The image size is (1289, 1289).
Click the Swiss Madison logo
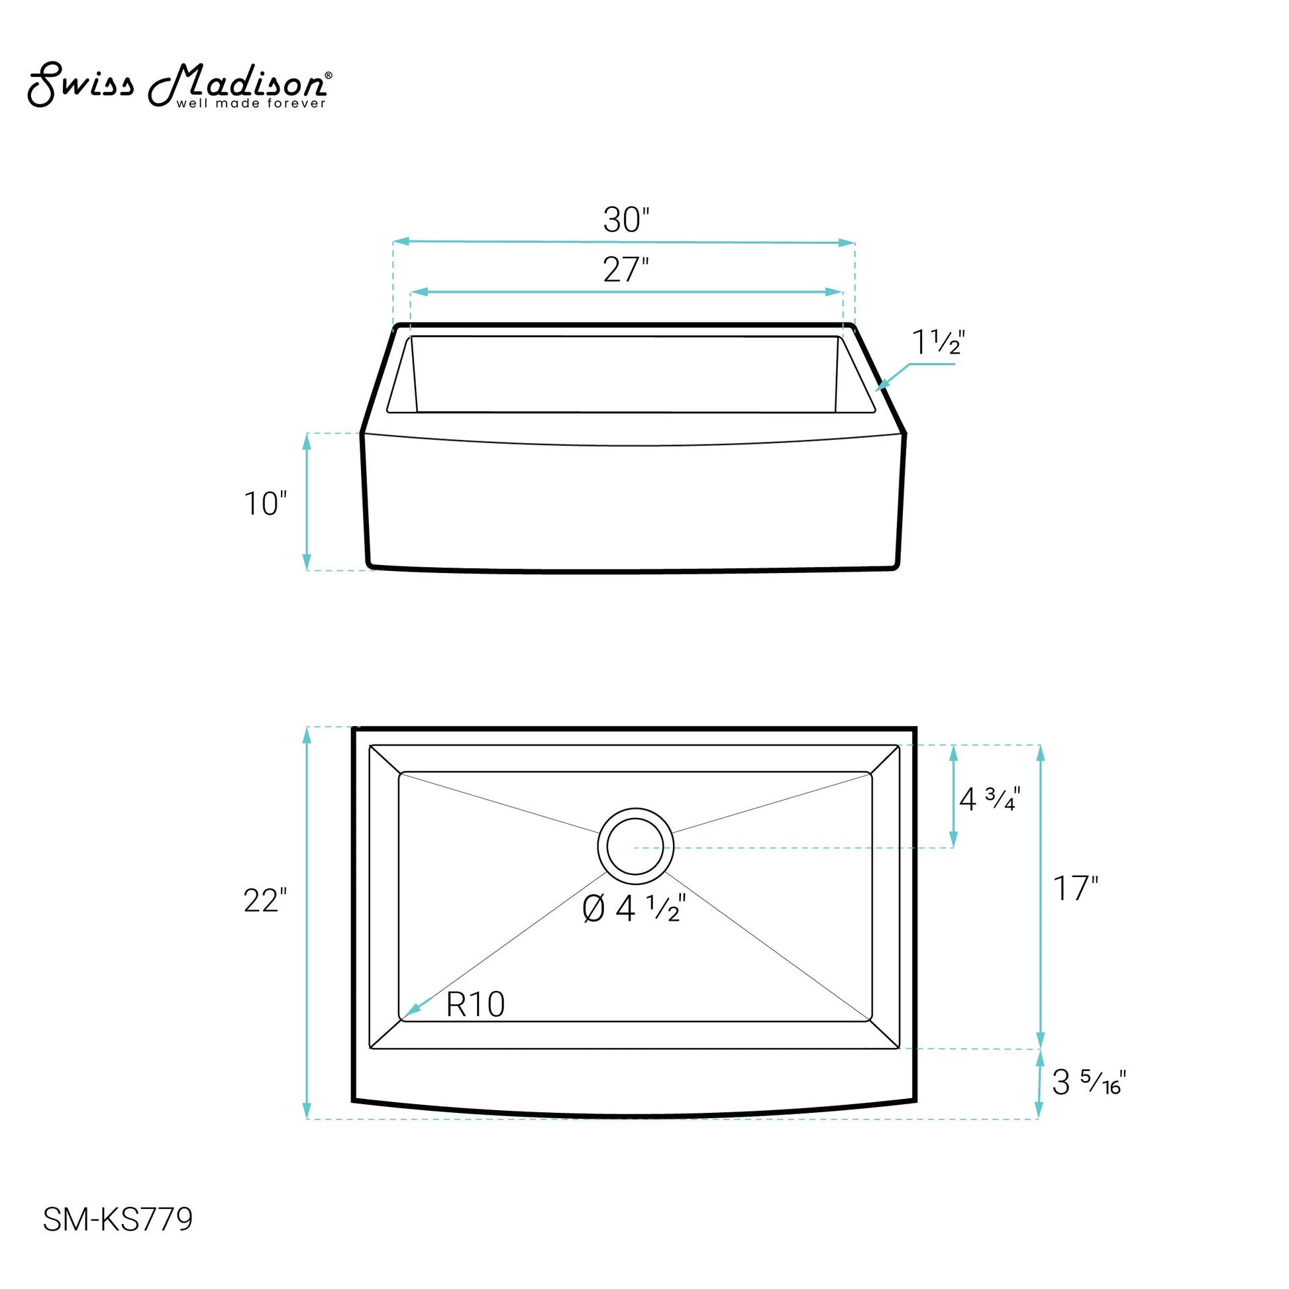(x=179, y=85)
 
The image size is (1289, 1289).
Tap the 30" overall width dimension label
(x=626, y=219)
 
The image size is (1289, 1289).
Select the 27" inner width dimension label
(x=626, y=270)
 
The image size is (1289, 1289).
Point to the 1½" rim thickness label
(x=938, y=342)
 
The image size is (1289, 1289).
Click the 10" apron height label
(x=265, y=503)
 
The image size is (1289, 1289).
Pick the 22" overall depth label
(x=265, y=901)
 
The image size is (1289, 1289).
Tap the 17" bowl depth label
(x=1076, y=888)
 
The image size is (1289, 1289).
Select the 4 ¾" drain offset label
(x=990, y=799)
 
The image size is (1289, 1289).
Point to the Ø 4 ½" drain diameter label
(x=634, y=908)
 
